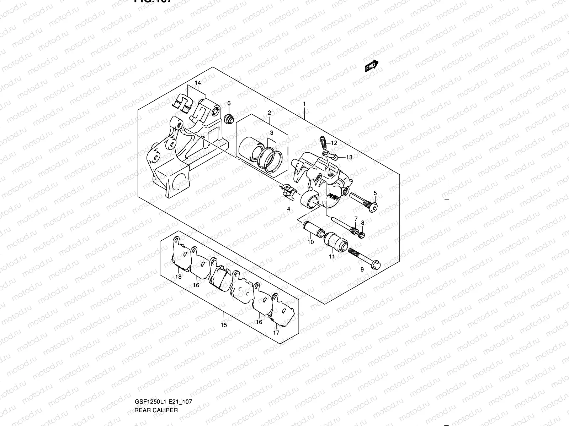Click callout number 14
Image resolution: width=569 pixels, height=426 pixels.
198,83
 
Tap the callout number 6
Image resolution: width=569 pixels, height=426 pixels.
229,103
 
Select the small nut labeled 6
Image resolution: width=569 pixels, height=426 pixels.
230,119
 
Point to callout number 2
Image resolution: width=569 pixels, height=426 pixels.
269,113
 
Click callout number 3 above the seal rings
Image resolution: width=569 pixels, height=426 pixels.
271,133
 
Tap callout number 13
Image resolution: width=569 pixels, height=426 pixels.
349,157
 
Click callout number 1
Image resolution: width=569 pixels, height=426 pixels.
304,104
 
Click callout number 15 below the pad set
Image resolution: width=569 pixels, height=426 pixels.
224,325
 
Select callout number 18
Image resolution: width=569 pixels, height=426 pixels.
179,277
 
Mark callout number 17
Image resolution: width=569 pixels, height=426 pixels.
276,333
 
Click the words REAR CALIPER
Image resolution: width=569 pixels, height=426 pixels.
156,380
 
